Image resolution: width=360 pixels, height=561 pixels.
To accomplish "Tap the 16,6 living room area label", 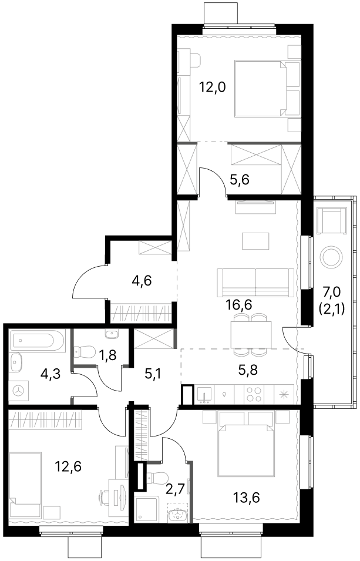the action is tap(239, 305).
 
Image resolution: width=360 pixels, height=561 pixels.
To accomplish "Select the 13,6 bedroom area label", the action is tap(246, 497).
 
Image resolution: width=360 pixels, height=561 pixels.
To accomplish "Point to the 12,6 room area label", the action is tap(68, 466).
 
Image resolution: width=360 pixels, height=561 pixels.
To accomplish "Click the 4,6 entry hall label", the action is tap(142, 281).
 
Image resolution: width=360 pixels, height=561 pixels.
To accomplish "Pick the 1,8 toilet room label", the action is tap(109, 357).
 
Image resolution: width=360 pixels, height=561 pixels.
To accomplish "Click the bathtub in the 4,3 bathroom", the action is tap(37, 340).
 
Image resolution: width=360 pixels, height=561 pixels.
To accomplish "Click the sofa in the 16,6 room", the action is tap(255, 283).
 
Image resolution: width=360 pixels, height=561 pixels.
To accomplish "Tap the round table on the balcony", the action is tap(333, 256).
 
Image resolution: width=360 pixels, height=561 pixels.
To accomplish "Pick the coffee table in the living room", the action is tap(255, 241).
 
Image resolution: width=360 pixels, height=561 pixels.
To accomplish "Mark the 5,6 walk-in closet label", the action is tap(240, 180).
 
